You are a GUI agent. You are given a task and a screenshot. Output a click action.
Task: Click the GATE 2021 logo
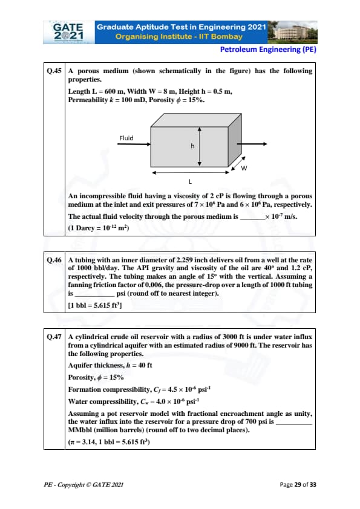pyautogui.click(x=69, y=32)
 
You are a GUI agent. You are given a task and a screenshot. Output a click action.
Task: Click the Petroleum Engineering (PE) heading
pyautogui.click(x=268, y=50)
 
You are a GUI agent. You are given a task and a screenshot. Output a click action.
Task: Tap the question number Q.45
pyautogui.click(x=54, y=71)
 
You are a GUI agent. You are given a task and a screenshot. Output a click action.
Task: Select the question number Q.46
pyautogui.click(x=54, y=260)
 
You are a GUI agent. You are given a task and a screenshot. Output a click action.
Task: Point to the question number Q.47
pyautogui.click(x=54, y=337)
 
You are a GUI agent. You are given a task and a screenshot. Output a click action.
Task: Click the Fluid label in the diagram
pyautogui.click(x=126, y=138)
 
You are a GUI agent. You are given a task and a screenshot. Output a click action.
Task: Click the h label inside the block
pyautogui.click(x=192, y=146)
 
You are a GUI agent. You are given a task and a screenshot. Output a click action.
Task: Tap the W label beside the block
pyautogui.click(x=244, y=168)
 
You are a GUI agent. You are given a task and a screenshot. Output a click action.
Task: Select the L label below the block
pyautogui.click(x=191, y=181)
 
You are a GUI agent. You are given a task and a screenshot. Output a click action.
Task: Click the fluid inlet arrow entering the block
pyautogui.click(x=134, y=144)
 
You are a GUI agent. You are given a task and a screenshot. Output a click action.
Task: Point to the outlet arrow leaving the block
pyautogui.click(x=252, y=144)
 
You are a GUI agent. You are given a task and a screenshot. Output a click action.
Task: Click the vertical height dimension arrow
pyautogui.click(x=200, y=146)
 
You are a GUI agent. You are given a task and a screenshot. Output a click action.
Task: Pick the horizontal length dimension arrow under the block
pyautogui.click(x=191, y=173)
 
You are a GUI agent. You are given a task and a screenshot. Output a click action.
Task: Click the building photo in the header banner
pyautogui.click(x=292, y=32)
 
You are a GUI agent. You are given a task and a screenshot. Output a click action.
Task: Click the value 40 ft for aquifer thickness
pyautogui.click(x=145, y=365)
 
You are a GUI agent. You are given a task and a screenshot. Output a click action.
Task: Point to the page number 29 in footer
pyautogui.click(x=298, y=484)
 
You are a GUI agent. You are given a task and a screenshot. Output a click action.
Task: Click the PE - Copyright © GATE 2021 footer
pyautogui.click(x=83, y=485)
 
